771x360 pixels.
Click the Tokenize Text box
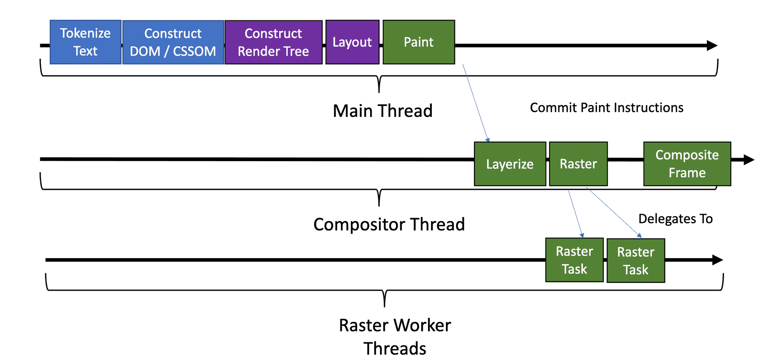pos(85,42)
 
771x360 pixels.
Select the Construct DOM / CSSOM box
pos(173,42)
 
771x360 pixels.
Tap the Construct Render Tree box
pos(274,42)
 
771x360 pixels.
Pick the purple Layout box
pos(352,42)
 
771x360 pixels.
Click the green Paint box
pos(419,42)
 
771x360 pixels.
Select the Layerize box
pos(510,164)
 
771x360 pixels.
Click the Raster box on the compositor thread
pos(578,164)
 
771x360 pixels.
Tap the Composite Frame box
pos(687,164)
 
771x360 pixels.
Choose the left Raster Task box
pos(574,260)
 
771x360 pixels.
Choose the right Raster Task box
pos(635,261)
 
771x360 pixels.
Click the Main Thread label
pos(383,111)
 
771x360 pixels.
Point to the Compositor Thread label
pos(389,224)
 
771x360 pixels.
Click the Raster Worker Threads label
pos(395,336)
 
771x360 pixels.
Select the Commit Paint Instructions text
pos(607,108)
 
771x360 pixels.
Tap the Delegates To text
pos(675,219)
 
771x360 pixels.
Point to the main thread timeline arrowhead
pos(712,45)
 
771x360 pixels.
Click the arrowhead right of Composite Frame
pos(749,160)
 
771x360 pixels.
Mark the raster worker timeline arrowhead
pos(717,260)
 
